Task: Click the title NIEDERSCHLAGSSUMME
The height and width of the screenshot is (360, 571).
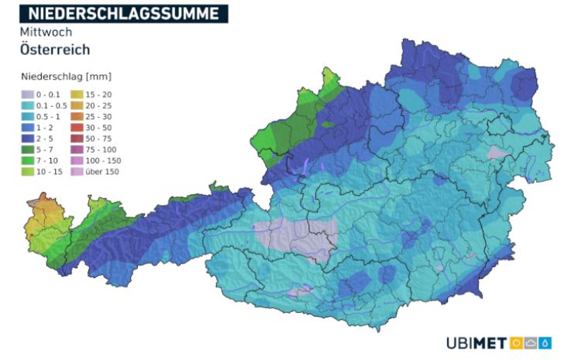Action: click(124, 13)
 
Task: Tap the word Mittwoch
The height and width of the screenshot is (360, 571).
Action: click(46, 33)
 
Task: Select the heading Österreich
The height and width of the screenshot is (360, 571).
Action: click(55, 50)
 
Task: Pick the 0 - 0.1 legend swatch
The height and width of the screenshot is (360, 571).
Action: click(28, 94)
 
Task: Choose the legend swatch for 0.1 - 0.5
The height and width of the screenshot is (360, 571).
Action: click(28, 105)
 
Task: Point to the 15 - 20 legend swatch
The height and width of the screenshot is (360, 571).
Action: click(77, 94)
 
